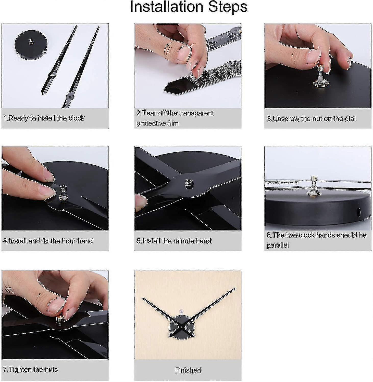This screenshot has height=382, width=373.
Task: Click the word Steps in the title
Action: [x=228, y=7]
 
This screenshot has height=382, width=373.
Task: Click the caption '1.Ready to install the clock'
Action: [x=44, y=118]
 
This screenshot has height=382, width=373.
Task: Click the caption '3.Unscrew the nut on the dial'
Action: [x=311, y=119]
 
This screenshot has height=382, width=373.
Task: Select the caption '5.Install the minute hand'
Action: [x=174, y=241]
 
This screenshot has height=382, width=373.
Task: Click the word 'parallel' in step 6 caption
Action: [x=278, y=245]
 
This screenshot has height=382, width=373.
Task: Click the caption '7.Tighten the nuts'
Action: [x=30, y=370]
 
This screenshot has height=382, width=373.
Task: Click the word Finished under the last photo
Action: [x=188, y=370]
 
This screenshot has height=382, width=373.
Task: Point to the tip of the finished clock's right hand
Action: [x=234, y=289]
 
